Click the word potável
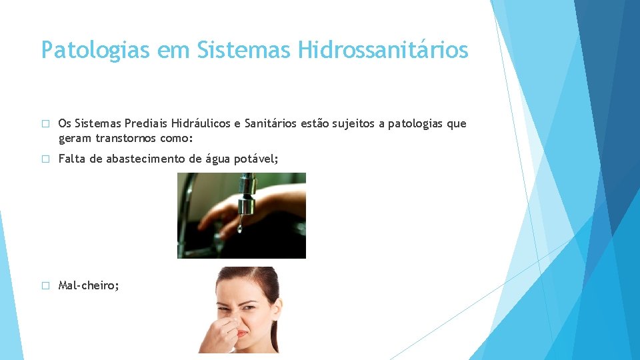251,159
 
